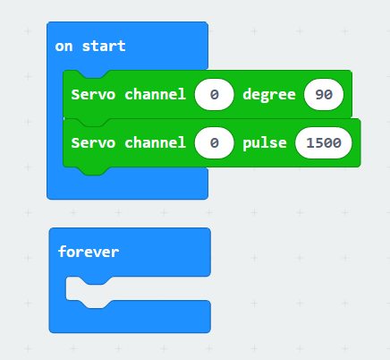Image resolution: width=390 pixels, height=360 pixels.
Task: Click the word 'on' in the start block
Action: point(64,47)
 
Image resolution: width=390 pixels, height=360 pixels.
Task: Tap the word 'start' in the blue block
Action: point(104,46)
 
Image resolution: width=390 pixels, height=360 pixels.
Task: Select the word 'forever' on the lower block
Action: point(89,252)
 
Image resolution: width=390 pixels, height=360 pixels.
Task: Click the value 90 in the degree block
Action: point(324,95)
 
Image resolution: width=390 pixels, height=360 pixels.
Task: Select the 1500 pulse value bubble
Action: point(324,143)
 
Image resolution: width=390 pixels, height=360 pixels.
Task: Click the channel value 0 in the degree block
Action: point(214,95)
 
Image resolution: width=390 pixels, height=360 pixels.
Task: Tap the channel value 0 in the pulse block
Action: point(214,143)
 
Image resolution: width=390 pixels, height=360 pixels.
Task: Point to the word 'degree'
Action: point(269,95)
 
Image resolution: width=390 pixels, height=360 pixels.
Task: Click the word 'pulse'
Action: point(265,143)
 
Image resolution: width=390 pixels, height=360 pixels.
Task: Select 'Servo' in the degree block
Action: point(93,95)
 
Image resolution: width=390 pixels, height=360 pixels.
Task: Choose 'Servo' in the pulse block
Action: point(93,143)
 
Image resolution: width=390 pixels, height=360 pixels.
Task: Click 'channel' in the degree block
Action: point(156,94)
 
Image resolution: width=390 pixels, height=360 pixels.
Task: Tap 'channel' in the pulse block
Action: point(156,142)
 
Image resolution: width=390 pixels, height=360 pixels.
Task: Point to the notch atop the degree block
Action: point(93,74)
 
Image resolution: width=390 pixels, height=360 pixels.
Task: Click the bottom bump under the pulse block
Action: point(93,171)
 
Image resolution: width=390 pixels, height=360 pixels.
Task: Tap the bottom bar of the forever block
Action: point(130,317)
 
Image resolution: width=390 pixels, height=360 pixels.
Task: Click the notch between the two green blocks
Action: point(93,123)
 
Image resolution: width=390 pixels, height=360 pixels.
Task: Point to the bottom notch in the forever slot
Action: point(96,304)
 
